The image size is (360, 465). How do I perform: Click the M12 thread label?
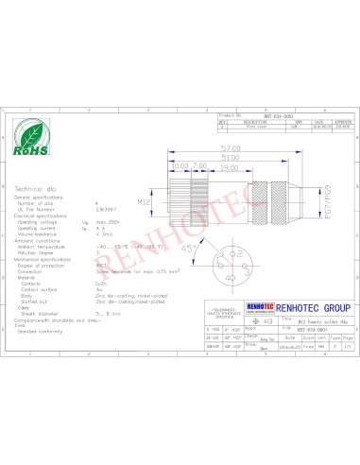click(145, 201)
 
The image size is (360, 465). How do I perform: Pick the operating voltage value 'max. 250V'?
click(109, 220)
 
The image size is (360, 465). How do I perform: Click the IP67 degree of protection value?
click(100, 266)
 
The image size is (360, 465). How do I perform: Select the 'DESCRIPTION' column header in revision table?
click(252, 121)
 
